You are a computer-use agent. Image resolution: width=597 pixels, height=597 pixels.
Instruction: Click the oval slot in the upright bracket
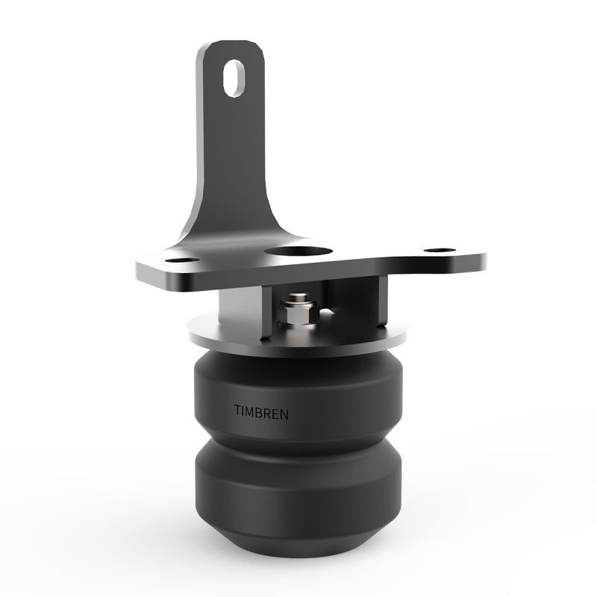(x=234, y=78)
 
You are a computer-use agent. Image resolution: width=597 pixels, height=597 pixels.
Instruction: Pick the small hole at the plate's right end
(x=440, y=251)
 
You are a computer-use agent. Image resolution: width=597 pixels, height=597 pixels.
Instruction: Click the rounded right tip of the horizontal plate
(x=478, y=261)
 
